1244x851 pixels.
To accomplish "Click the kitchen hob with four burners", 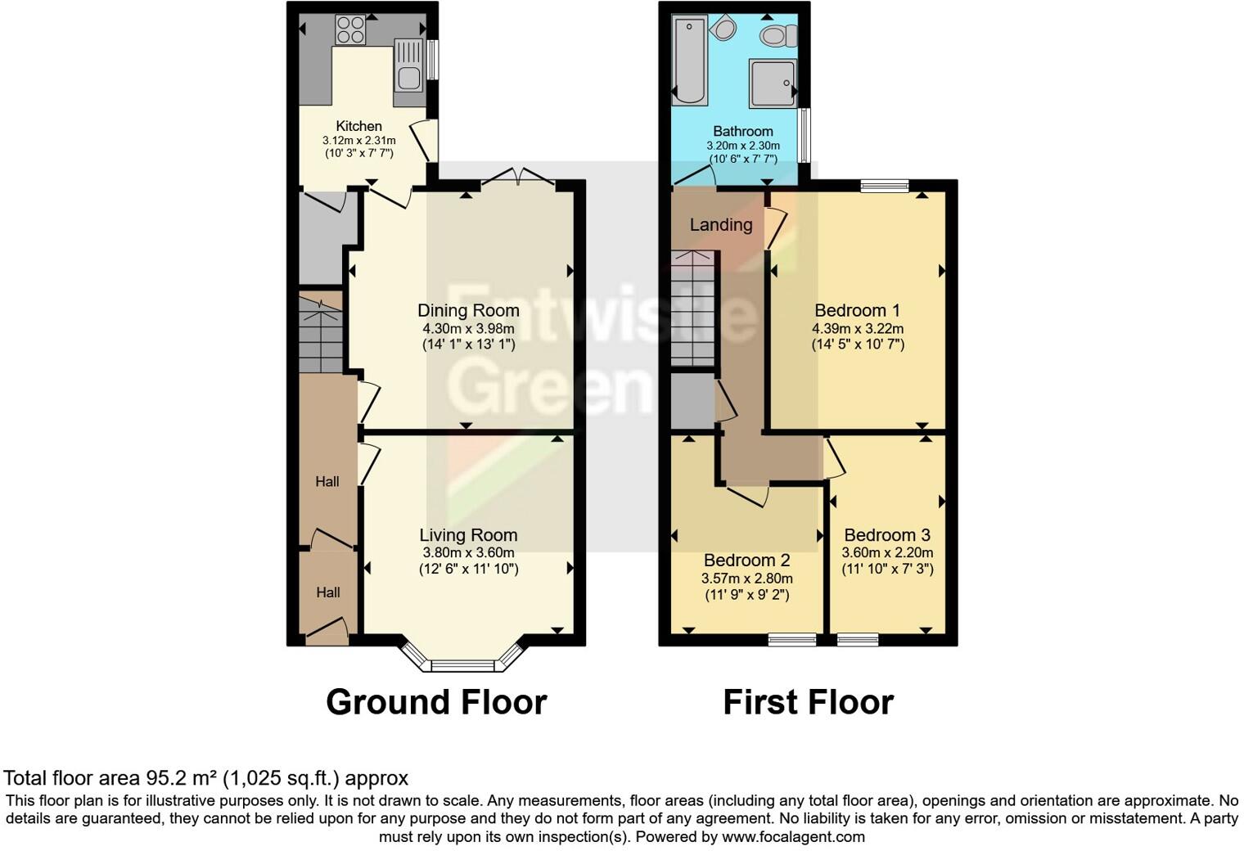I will click(350, 30).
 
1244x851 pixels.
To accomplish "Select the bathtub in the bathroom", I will click(689, 61).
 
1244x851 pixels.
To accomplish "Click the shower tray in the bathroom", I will click(772, 83).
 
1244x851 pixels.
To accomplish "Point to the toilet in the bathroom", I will click(778, 35).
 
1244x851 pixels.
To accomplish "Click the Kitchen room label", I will click(358, 126).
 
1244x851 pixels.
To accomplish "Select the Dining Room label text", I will click(468, 310).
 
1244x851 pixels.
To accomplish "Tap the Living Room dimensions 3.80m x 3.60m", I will click(468, 552).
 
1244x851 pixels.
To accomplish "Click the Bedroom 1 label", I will click(857, 310).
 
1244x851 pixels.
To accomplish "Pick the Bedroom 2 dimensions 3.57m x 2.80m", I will click(746, 578).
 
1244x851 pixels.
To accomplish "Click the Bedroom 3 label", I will click(887, 535).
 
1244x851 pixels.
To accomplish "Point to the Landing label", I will click(720, 224).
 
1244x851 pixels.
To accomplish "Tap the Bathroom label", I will click(742, 131).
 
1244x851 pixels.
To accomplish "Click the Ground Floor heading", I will click(436, 702).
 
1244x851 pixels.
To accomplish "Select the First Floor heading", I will click(808, 702).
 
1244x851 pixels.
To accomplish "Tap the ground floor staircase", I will click(320, 335).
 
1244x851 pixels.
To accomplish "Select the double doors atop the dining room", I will click(519, 177).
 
